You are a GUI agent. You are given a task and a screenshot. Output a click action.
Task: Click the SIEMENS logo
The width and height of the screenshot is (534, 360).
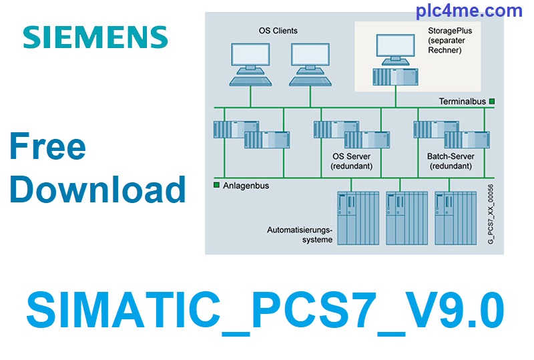click(x=95, y=37)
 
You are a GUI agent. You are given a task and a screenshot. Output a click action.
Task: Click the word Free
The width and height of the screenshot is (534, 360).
click(x=47, y=146)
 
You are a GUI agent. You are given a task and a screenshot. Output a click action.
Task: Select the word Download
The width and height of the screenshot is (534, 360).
click(x=97, y=189)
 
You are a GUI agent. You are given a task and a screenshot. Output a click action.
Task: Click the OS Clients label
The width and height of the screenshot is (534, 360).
click(x=278, y=31)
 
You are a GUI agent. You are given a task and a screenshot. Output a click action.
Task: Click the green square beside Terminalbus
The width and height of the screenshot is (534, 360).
click(x=492, y=102)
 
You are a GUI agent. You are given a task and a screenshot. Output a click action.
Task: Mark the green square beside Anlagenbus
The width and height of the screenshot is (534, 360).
click(x=216, y=185)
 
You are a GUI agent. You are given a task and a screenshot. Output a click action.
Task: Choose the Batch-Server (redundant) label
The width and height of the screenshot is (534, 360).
click(x=449, y=161)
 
